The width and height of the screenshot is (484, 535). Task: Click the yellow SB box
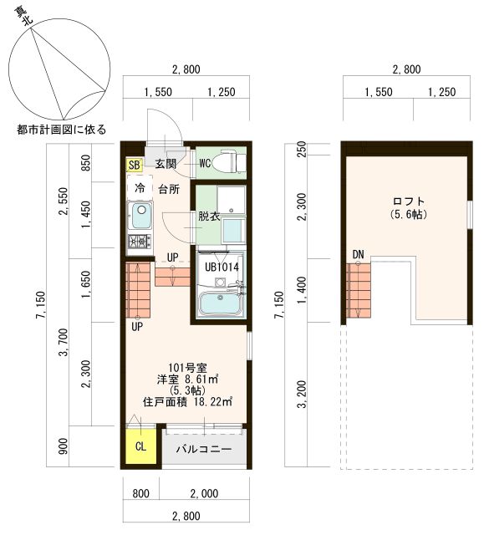click(134, 166)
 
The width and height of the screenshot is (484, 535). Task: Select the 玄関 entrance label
click(166, 164)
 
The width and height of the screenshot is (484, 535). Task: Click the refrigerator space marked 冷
click(140, 187)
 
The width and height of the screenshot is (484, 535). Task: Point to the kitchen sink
click(141, 216)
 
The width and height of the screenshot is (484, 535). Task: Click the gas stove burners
click(140, 242)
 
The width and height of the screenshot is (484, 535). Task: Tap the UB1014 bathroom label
click(222, 267)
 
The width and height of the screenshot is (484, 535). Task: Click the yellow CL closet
click(141, 446)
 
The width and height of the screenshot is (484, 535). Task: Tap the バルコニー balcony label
click(204, 449)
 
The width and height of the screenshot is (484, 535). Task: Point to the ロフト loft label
click(408, 201)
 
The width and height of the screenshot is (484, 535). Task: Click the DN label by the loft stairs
click(358, 254)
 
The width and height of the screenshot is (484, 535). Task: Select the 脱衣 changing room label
click(209, 217)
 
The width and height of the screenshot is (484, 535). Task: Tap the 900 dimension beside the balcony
click(64, 446)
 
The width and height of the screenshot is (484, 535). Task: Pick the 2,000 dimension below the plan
click(204, 494)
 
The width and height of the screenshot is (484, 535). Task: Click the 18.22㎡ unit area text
click(213, 402)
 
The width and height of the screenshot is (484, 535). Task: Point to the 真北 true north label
click(23, 15)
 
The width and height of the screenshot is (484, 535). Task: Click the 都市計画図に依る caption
click(62, 130)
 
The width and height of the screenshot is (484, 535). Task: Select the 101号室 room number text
click(187, 368)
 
